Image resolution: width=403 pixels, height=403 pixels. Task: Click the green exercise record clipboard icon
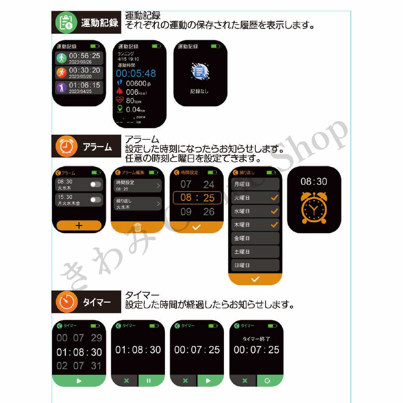click(66, 23)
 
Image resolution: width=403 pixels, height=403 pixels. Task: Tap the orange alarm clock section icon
click(66, 146)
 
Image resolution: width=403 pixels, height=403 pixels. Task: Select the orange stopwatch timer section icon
click(66, 302)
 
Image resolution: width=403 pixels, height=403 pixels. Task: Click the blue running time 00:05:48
click(136, 74)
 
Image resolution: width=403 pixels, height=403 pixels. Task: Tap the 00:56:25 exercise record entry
click(79, 58)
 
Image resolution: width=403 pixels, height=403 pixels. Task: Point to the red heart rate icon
click(120, 100)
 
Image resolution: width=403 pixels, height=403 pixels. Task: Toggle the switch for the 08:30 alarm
click(95, 184)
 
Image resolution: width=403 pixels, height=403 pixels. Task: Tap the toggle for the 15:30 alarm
click(95, 200)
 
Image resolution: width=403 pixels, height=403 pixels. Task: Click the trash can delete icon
click(138, 227)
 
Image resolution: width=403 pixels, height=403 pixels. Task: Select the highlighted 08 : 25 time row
click(197, 198)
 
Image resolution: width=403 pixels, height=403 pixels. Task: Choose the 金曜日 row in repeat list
click(255, 238)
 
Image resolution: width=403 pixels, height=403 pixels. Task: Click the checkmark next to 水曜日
click(274, 211)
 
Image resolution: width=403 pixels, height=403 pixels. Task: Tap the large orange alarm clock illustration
click(314, 208)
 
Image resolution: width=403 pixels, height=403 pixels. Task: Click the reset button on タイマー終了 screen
click(268, 380)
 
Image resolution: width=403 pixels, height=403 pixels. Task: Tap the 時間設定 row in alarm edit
click(138, 185)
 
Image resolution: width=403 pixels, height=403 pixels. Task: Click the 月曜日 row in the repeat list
click(255, 184)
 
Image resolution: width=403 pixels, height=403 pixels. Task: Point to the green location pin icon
click(120, 108)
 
